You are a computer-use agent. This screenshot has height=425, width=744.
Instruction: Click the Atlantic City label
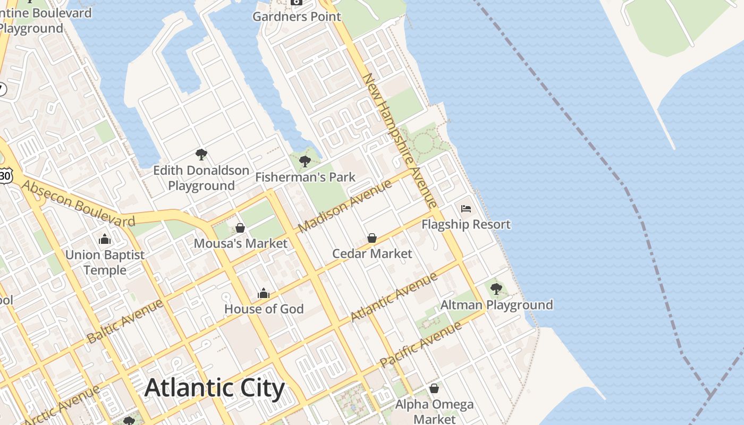coord(215,388)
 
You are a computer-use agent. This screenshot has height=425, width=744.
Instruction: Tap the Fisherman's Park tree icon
coord(305,161)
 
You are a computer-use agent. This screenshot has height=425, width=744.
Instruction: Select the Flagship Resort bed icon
coord(466,209)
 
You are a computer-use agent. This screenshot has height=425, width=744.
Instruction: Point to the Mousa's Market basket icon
coord(240,228)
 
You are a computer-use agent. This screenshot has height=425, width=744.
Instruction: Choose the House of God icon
coord(264,293)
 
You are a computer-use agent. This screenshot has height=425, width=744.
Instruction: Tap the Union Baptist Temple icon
coord(105,239)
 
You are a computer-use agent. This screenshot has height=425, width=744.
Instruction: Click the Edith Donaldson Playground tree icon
coord(201,155)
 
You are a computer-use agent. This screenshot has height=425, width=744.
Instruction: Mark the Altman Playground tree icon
coord(496,289)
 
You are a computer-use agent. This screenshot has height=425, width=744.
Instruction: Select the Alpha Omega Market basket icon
coord(434,388)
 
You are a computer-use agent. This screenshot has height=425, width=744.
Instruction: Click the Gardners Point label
coord(297,16)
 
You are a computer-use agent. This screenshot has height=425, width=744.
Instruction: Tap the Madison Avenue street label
coord(345,206)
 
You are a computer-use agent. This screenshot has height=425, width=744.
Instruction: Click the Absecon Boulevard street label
coord(79,204)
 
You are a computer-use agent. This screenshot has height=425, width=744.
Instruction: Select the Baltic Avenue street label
coord(125,321)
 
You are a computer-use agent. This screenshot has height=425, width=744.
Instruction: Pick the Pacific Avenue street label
coord(421,345)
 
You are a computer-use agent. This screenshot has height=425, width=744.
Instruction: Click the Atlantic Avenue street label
coord(394,297)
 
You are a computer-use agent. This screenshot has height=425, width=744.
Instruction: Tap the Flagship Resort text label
coord(466,225)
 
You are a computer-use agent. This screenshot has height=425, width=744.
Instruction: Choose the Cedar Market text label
coord(372,254)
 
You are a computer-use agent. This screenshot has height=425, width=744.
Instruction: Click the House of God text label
coord(264,309)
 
